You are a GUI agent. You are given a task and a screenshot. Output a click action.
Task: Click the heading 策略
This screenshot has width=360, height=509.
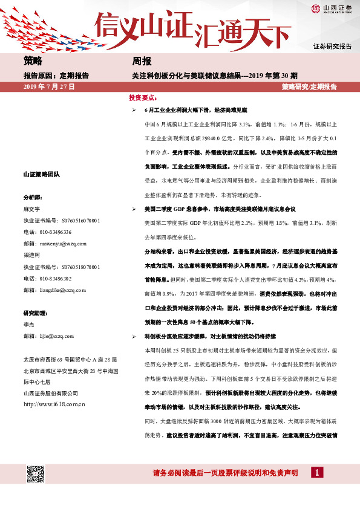click(x=33, y=61)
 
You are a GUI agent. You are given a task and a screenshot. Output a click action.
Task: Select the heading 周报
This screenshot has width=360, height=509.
click(x=142, y=61)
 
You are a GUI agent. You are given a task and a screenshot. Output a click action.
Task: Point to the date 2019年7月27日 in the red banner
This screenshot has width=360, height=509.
click(x=48, y=87)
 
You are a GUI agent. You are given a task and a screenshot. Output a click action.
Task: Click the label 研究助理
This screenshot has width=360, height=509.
click(x=35, y=313)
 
